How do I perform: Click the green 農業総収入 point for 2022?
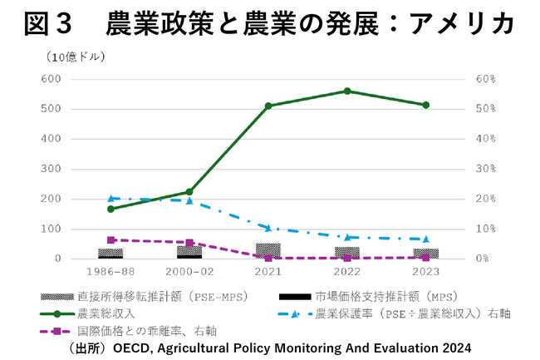tap(347, 91)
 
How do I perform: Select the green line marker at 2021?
tap(268, 106)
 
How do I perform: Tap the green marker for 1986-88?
tap(110, 209)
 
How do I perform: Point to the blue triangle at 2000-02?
tap(189, 200)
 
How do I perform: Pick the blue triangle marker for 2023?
tap(426, 239)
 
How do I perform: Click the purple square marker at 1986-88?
tap(110, 239)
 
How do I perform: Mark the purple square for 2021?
tap(268, 258)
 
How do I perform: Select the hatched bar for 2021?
tap(268, 250)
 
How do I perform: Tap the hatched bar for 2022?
tap(347, 252)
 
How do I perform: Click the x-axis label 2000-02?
tap(189, 272)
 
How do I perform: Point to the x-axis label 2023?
tap(426, 272)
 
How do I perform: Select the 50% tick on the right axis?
tap(486, 109)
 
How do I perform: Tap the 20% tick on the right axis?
tap(486, 199)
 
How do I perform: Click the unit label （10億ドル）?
tap(70, 57)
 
